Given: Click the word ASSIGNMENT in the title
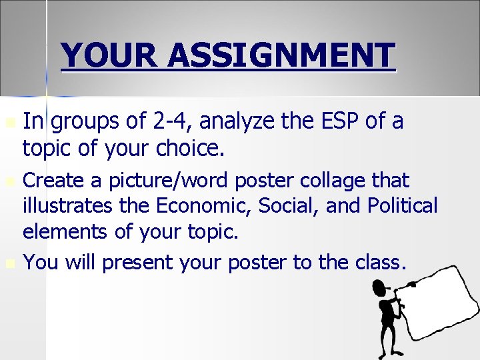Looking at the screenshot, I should point(281,56).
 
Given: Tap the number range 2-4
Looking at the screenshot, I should point(170,121).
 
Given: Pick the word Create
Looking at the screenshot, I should point(55,180).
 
